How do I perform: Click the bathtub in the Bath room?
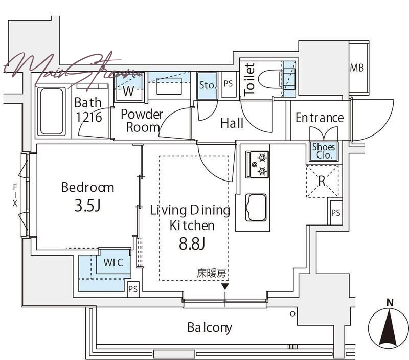pyautogui.click(x=52, y=111)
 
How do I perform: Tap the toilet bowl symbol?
pyautogui.click(x=270, y=78)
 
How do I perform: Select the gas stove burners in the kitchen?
pyautogui.click(x=257, y=165)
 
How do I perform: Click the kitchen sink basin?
pyautogui.click(x=256, y=208)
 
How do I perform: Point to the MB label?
pyautogui.click(x=357, y=68)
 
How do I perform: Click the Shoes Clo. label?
pyautogui.click(x=324, y=151)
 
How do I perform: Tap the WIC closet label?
pyautogui.click(x=113, y=262)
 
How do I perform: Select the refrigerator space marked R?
pyautogui.click(x=323, y=181)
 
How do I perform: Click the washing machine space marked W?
pyautogui.click(x=129, y=87)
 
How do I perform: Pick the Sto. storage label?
pyautogui.click(x=208, y=85)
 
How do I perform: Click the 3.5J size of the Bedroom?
pyautogui.click(x=87, y=205)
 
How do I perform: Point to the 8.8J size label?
pyautogui.click(x=192, y=243)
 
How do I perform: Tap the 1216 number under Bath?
pyautogui.click(x=88, y=117)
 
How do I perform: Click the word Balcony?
pyautogui.click(x=210, y=328)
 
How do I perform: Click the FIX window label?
pyautogui.click(x=15, y=195)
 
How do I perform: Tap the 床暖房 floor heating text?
pyautogui.click(x=211, y=274)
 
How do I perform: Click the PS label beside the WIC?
pyautogui.click(x=133, y=289)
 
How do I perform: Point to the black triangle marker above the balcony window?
pyautogui.click(x=225, y=287)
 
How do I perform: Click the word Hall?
pyautogui.click(x=232, y=123)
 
